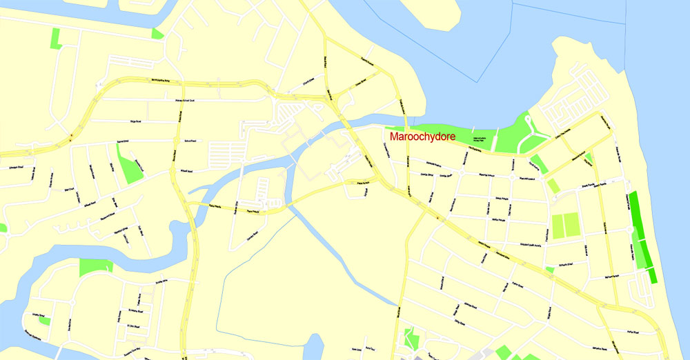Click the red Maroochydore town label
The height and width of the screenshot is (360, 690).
tap(422, 137)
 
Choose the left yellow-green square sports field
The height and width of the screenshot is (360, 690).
tap(558, 226)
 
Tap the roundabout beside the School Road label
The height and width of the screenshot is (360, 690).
tap(174, 141)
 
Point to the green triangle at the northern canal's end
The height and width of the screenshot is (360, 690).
tap(157, 33)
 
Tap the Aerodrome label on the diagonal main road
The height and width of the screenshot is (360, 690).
tap(480, 241)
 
